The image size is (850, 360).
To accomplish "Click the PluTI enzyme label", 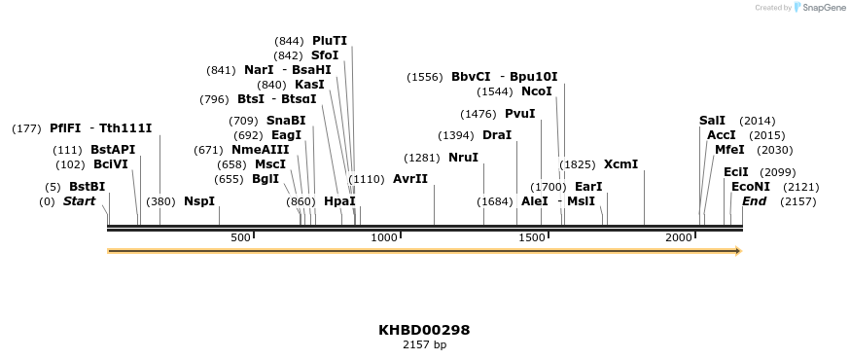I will [x=329, y=41].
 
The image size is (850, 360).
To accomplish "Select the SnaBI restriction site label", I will [x=285, y=121].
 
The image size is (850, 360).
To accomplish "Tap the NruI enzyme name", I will [x=463, y=158].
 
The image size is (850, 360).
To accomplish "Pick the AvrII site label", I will [x=409, y=179].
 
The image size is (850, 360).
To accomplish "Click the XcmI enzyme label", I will [x=620, y=164].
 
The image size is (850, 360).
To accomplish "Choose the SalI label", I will [x=712, y=121].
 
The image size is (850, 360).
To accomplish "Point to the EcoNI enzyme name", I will [x=750, y=187].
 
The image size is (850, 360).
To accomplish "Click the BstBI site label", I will [x=87, y=187].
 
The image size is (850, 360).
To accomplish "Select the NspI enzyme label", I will [x=198, y=201].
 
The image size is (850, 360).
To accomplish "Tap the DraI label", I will [x=496, y=135].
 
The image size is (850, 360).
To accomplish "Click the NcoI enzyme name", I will [x=536, y=91].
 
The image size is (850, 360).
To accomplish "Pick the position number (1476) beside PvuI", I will [x=478, y=114].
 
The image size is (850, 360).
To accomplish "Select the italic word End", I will [x=754, y=201].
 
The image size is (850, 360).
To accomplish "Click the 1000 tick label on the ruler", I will [x=384, y=237].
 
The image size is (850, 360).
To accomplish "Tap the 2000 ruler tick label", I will [x=678, y=237].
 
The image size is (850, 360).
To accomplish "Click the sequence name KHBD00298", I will [x=424, y=330].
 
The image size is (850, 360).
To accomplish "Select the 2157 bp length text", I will [x=424, y=344].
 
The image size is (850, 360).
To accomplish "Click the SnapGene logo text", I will [x=821, y=8].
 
